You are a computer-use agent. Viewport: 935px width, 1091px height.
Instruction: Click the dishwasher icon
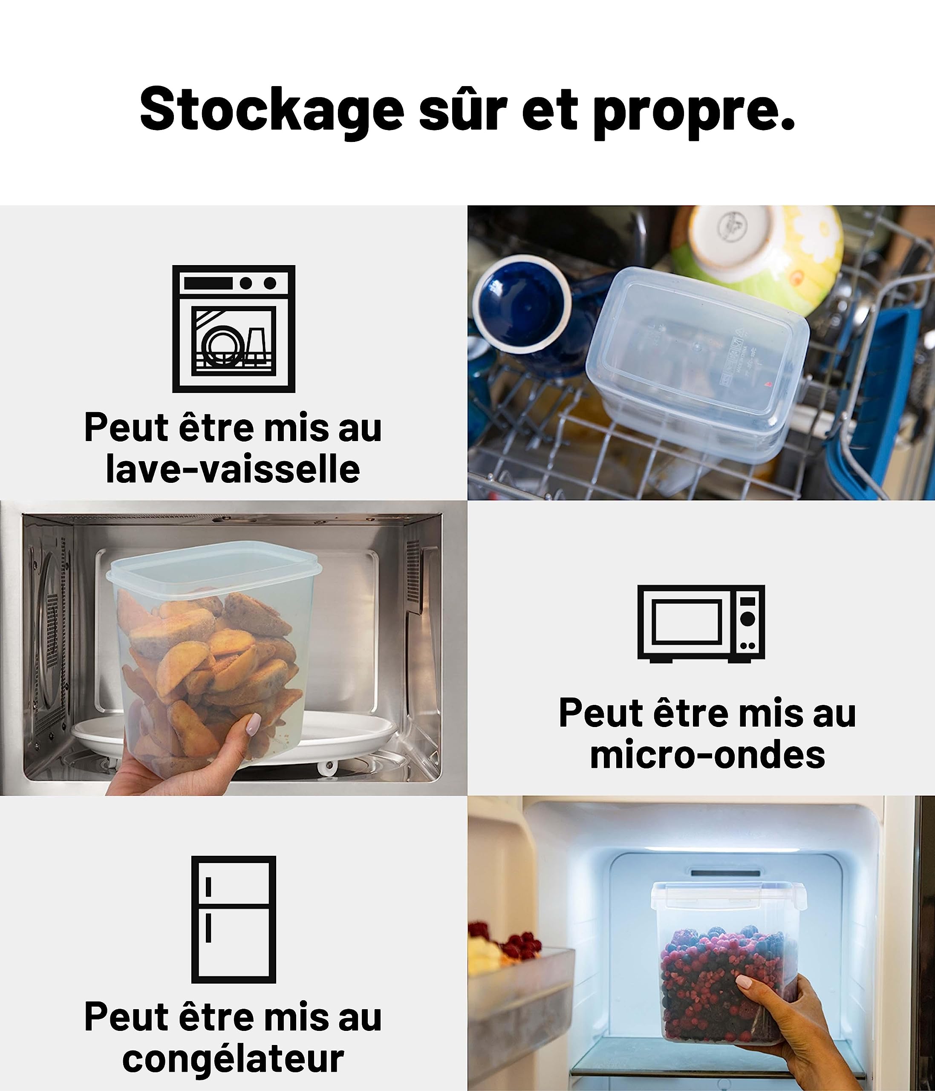pos(234,329)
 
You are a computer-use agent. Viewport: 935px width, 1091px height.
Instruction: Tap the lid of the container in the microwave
pos(214,563)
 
